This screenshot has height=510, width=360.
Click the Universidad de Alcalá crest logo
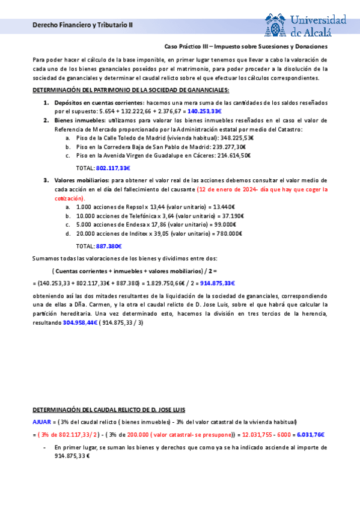coord(275,25)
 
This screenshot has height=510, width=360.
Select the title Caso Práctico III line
coord(246,46)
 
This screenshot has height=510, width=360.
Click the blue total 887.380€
coord(109,246)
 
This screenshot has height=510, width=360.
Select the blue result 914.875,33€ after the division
coord(218,283)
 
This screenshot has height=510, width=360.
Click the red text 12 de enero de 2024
coord(225,189)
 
